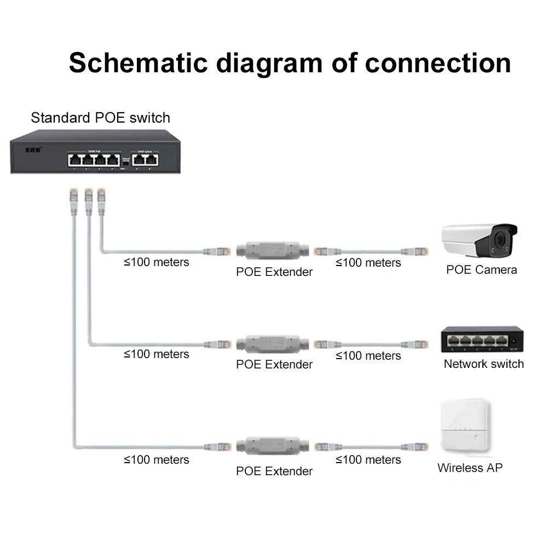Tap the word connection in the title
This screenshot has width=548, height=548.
point(437,63)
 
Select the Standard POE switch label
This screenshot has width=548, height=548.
point(100,118)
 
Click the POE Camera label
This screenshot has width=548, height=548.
point(481,269)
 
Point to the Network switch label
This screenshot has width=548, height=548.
point(483,364)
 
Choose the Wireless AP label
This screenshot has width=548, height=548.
point(470,468)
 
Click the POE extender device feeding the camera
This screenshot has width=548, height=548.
point(272,250)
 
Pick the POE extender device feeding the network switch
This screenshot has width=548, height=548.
point(272,344)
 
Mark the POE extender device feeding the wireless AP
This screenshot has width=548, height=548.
point(272,446)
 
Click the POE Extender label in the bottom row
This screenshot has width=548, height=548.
point(274,471)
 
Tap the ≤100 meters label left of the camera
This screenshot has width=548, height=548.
point(368,263)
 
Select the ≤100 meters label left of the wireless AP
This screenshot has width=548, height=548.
point(368,460)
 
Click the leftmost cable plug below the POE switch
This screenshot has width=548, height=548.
point(73,196)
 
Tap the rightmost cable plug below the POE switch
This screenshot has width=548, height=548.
point(101,196)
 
